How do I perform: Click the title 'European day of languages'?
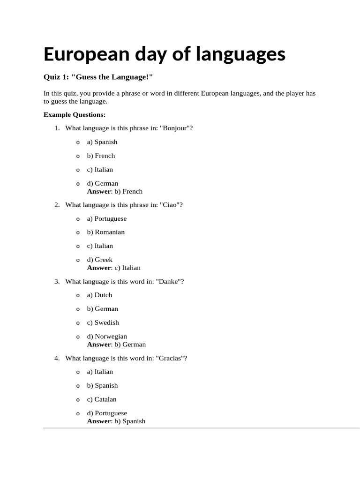click(x=164, y=54)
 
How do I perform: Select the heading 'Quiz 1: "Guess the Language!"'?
click(x=98, y=76)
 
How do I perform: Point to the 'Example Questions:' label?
click(x=75, y=114)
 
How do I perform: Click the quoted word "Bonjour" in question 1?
click(x=174, y=128)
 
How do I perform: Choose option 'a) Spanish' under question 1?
click(x=102, y=142)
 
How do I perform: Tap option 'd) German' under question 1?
click(x=103, y=183)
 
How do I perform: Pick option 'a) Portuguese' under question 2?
click(x=107, y=218)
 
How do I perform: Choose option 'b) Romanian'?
click(x=106, y=232)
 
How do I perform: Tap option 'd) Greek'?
click(x=100, y=260)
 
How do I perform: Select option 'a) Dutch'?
click(x=99, y=295)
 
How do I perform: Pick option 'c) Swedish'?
click(x=103, y=322)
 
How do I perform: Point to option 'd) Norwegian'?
click(x=107, y=336)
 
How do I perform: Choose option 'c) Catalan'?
click(x=102, y=399)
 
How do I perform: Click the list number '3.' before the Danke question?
click(x=57, y=281)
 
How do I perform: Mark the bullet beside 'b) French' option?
click(x=78, y=156)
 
